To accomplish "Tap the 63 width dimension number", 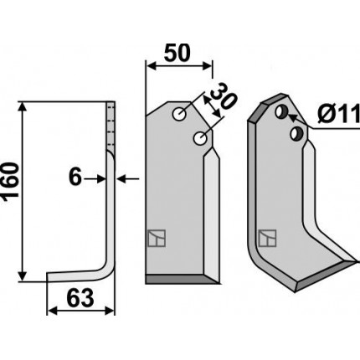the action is pos(80,299).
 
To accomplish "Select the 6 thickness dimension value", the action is pos(75,177).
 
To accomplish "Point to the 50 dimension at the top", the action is pos(177,53).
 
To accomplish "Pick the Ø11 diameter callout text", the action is pos(339,115).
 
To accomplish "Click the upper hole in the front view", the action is pos(179,114).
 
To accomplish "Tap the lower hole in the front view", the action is pos(200,138).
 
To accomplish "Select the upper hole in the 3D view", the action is pos(281,111).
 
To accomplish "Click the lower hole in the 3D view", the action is pos(296,133).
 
